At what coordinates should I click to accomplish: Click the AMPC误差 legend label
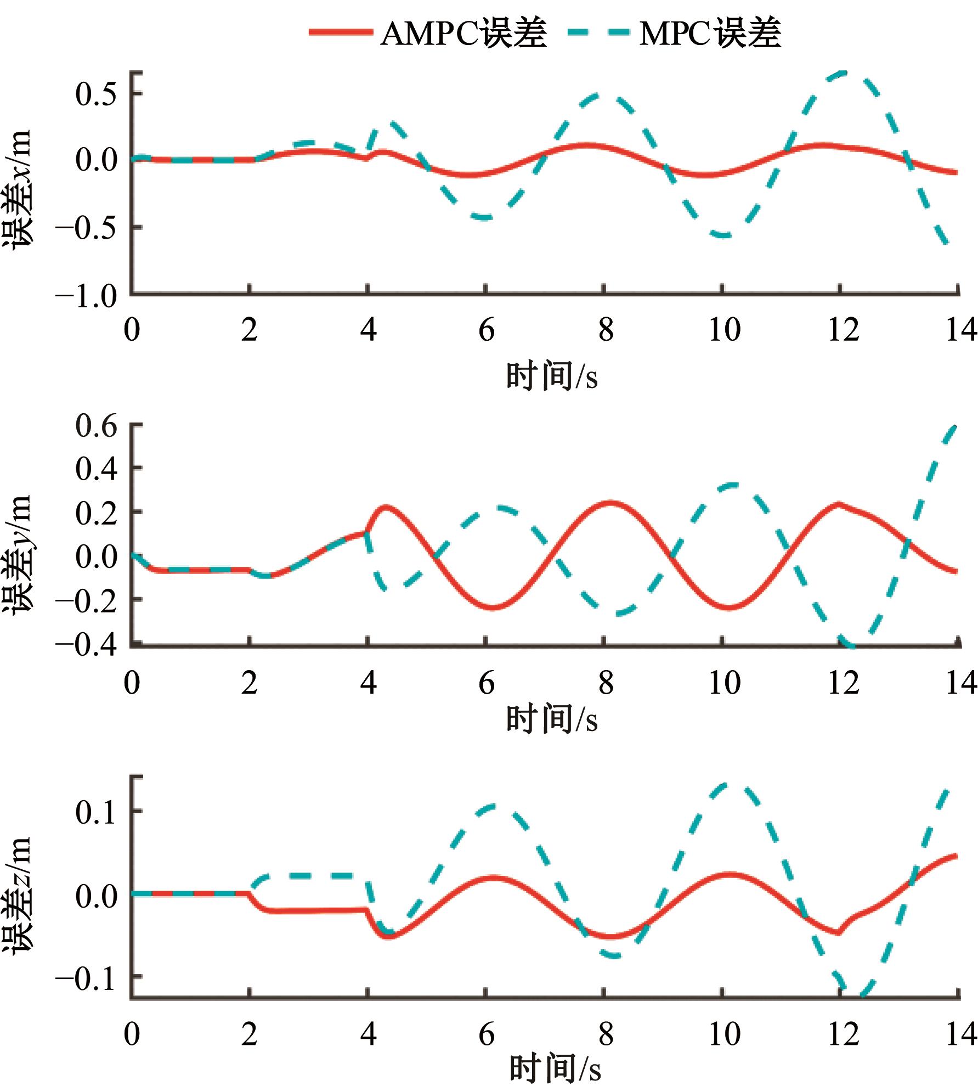pos(463,33)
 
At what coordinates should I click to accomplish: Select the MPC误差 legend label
pos(710,33)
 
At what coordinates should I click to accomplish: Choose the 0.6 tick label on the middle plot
pos(96,425)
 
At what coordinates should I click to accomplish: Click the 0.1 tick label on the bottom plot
pos(96,812)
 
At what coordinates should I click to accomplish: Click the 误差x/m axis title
pos(18,189)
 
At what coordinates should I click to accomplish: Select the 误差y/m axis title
pos(18,554)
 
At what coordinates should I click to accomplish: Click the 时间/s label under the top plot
pos(551,376)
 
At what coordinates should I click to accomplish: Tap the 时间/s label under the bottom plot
pos(555,1067)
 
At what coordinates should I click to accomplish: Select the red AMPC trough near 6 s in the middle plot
pos(493,607)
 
